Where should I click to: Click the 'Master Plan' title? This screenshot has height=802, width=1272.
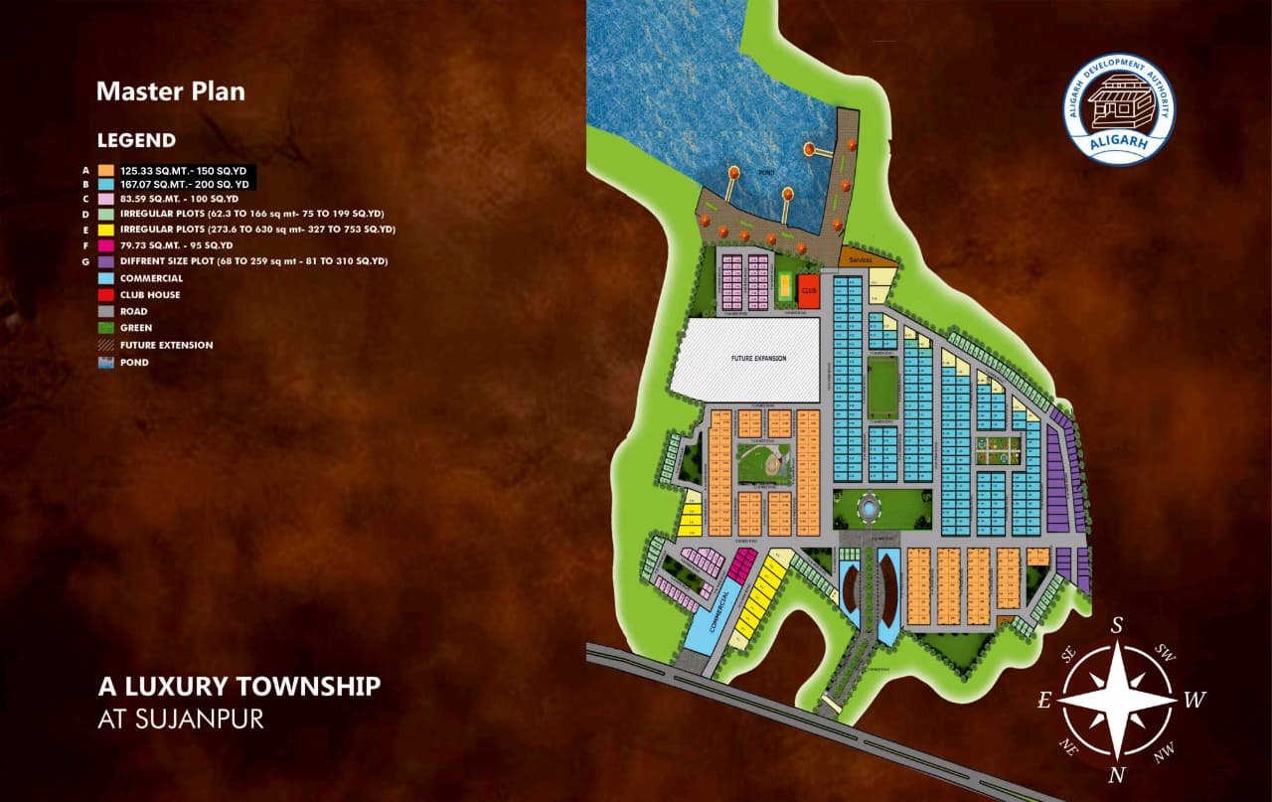click(170, 92)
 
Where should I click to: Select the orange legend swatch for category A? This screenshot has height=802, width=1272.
click(105, 171)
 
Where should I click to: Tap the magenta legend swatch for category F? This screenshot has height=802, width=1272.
click(105, 245)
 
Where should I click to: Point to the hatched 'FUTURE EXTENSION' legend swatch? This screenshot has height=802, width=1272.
click(105, 345)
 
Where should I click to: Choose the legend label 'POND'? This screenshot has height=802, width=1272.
click(134, 363)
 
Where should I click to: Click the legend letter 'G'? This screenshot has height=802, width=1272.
click(85, 261)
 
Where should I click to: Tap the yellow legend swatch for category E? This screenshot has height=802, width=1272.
click(105, 230)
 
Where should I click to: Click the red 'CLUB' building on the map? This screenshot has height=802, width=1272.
click(808, 290)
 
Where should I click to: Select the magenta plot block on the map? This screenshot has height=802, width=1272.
click(741, 565)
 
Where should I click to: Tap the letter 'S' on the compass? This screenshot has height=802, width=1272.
click(1116, 625)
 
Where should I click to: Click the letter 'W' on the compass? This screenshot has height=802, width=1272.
click(1193, 701)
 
